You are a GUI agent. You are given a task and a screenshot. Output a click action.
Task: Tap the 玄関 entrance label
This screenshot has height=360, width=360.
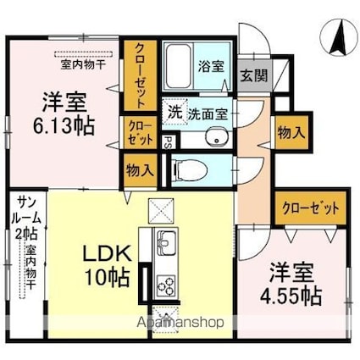click(252, 75)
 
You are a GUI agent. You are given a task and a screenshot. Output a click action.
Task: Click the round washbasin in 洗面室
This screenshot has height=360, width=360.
click(217, 138)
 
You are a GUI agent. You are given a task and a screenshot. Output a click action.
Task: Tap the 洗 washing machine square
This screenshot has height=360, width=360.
click(173, 110)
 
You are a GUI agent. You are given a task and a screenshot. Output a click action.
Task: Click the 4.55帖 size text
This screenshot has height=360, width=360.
click(291, 296)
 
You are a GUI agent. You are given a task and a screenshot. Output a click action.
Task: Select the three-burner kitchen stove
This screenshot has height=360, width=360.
click(163, 285)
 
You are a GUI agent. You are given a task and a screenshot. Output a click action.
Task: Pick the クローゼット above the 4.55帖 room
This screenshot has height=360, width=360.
click(310, 208)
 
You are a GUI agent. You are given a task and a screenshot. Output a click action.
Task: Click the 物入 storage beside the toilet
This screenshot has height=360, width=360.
click(140, 169)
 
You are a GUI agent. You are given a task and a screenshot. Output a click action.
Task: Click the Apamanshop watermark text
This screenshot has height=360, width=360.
click(187, 323)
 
